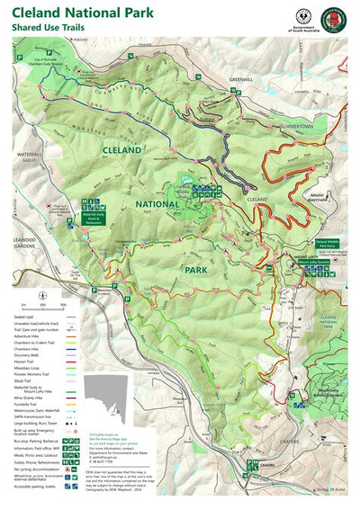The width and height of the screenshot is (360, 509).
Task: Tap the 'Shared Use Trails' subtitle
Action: click(x=54, y=28)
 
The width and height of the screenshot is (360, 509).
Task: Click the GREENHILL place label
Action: click(x=241, y=80)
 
